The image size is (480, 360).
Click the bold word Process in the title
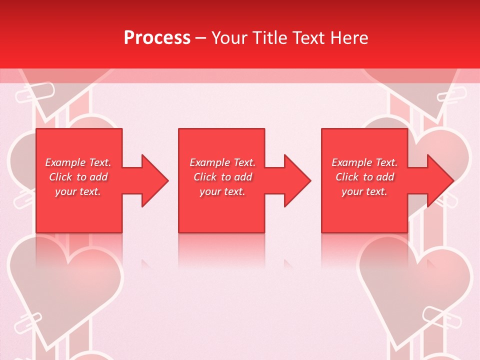[157, 38]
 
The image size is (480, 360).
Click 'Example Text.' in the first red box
[78, 162]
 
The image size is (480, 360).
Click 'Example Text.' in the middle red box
[222, 162]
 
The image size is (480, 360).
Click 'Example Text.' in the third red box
[364, 162]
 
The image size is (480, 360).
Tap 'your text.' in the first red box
[78, 191]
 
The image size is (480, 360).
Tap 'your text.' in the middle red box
[222, 191]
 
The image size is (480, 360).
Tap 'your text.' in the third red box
[364, 191]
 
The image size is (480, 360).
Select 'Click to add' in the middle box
[222, 177]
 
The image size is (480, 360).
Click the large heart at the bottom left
[65, 285]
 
